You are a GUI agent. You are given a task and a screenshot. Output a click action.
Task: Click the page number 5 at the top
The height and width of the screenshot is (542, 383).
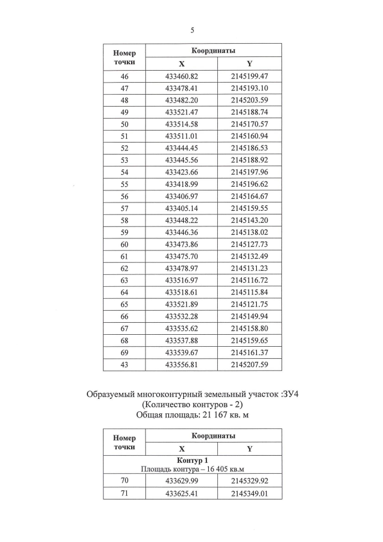(192, 30)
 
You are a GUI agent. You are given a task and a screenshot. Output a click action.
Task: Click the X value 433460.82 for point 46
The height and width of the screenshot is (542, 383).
(181, 76)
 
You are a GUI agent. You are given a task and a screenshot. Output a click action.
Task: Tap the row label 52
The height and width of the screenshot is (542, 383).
(124, 148)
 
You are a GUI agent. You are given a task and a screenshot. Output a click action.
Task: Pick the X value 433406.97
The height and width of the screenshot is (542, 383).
(181, 196)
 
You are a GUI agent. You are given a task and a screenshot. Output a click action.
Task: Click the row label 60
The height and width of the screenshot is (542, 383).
(124, 244)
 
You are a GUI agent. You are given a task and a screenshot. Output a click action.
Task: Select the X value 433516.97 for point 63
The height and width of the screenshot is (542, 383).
(181, 280)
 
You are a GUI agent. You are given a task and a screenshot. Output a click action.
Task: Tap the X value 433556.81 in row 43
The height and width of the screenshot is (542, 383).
(181, 364)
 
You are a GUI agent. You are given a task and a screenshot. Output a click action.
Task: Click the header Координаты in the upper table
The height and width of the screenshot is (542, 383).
(213, 50)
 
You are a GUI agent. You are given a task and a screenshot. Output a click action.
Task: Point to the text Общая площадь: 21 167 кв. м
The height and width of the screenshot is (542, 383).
(191, 413)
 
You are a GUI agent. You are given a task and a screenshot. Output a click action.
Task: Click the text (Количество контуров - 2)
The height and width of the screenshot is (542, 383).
(191, 403)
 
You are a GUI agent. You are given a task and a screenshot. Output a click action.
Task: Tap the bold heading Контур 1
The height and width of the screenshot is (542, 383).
(192, 459)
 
